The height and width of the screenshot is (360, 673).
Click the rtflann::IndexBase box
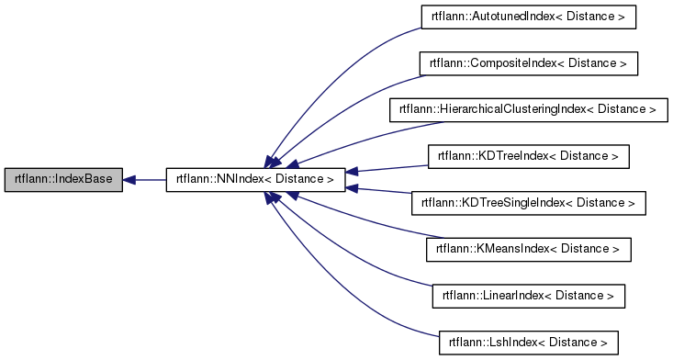pyautogui.click(x=63, y=180)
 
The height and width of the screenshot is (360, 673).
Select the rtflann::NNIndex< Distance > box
pyautogui.click(x=255, y=180)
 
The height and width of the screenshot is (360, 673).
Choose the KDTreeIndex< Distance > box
pyautogui.click(x=528, y=157)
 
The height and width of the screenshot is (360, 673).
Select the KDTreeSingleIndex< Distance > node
pyautogui.click(x=528, y=203)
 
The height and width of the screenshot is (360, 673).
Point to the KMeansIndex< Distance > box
pyautogui.click(x=528, y=250)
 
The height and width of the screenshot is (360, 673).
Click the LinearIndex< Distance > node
pyautogui.click(x=528, y=296)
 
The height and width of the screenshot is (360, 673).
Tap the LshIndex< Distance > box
pyautogui.click(x=528, y=343)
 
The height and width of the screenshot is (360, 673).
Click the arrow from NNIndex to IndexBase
pyautogui.click(x=147, y=180)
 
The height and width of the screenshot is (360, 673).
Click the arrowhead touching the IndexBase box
pyautogui.click(x=130, y=180)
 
